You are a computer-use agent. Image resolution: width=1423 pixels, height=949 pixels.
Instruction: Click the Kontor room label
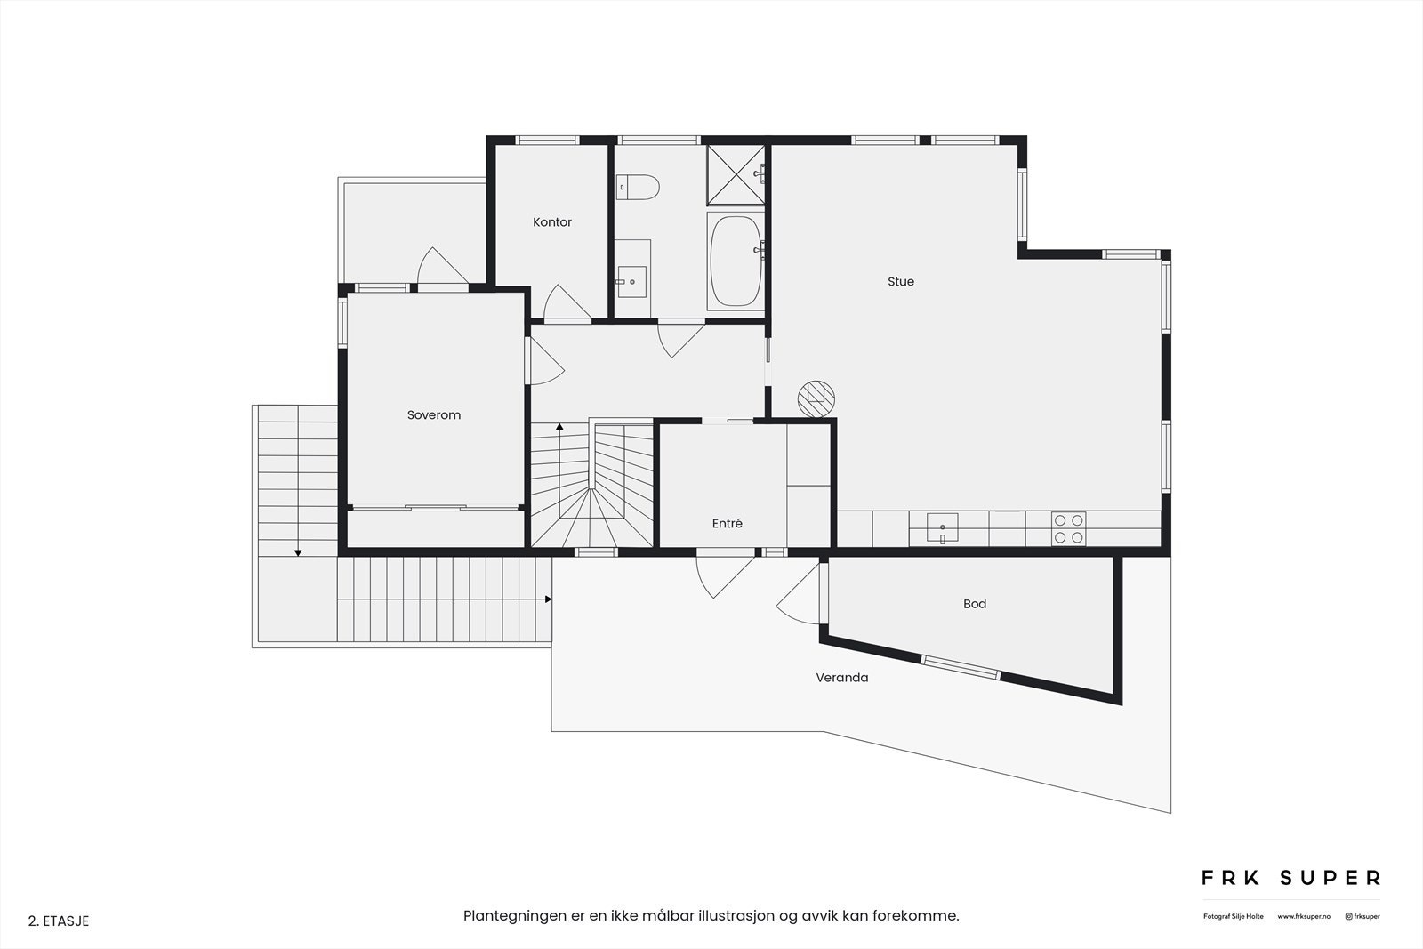point(552,222)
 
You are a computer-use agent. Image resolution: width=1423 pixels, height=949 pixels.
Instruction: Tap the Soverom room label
point(434,415)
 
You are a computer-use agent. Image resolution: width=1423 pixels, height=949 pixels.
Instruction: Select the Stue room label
point(900,282)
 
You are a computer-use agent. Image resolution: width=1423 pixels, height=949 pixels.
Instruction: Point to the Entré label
point(727,524)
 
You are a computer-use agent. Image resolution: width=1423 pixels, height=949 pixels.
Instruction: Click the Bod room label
point(975,604)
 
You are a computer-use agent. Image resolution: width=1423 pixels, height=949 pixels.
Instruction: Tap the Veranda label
point(841,678)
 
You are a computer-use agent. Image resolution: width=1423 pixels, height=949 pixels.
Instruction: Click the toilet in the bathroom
point(638,187)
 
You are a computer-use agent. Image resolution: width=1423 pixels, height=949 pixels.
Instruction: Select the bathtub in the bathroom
point(736,261)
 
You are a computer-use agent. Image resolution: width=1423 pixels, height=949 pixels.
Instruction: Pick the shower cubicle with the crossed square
point(735,174)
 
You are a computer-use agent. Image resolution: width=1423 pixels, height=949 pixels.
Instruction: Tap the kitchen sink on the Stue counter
point(943,527)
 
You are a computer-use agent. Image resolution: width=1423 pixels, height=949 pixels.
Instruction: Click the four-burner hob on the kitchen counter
point(1068,528)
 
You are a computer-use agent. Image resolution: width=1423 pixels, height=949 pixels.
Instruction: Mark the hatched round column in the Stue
point(816,398)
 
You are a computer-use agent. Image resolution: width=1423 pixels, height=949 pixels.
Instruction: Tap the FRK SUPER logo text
point(1290,878)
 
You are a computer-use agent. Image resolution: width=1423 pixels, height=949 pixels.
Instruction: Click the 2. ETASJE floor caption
point(59,921)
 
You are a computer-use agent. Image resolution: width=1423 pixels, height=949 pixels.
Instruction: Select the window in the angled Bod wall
point(961,667)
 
